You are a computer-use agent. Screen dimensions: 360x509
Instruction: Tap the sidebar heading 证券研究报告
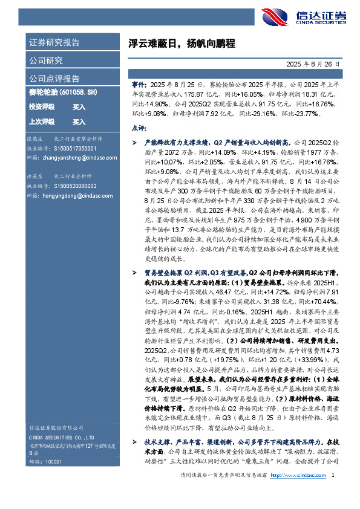(x=54, y=44)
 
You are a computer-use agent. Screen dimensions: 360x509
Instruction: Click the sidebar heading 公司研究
(x=46, y=60)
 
